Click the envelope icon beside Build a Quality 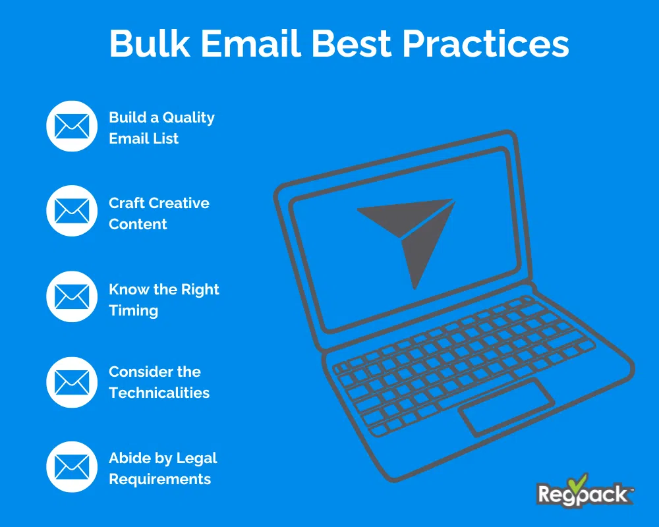click(71, 126)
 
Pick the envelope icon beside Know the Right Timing click(71, 297)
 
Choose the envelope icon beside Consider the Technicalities click(71, 381)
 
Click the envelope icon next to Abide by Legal click(71, 467)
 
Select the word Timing click(133, 310)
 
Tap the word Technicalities click(159, 393)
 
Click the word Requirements click(160, 479)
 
